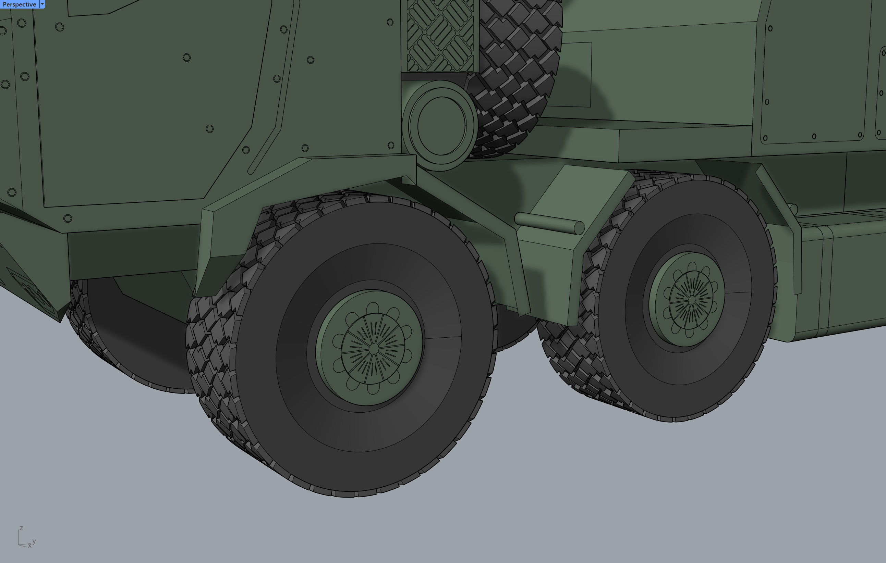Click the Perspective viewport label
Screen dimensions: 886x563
(x=19, y=4)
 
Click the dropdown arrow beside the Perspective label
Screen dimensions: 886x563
(x=42, y=4)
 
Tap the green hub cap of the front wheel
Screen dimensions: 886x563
(x=370, y=348)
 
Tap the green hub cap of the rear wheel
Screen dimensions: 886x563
(x=687, y=299)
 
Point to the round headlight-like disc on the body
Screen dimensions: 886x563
(x=440, y=125)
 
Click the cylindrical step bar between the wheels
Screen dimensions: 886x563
(x=549, y=223)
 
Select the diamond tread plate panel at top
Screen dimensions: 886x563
(x=440, y=36)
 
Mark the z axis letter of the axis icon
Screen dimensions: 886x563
(x=21, y=528)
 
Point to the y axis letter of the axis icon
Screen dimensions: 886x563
(x=34, y=541)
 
